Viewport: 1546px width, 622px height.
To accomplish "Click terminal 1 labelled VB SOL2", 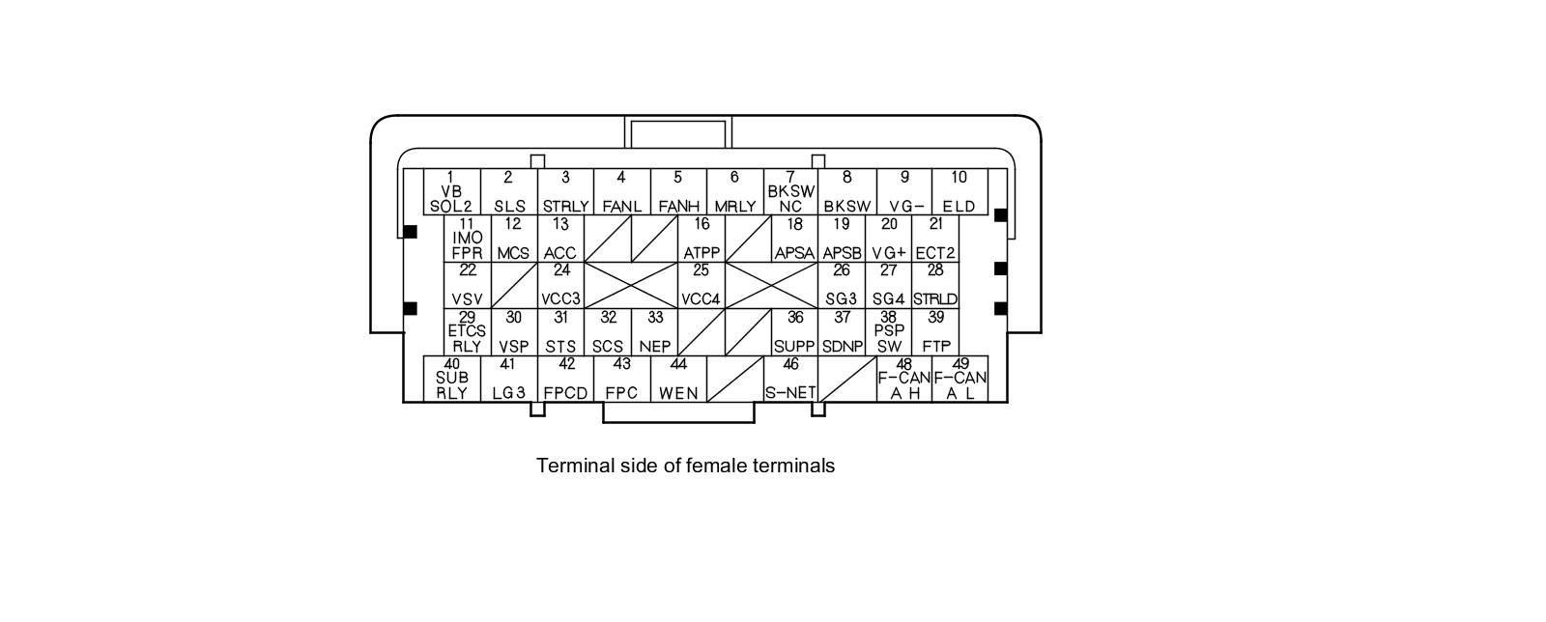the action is [x=451, y=192].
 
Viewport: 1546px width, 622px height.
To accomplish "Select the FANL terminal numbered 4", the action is [x=621, y=192].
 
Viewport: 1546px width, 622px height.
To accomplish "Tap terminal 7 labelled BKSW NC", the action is [x=791, y=192].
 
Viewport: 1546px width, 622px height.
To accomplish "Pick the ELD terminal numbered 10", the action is [x=959, y=192].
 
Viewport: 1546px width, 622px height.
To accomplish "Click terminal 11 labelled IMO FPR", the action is [x=468, y=239].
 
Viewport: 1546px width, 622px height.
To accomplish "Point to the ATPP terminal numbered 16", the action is [x=701, y=239].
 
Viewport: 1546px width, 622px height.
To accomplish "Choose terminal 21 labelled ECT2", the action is [x=935, y=239].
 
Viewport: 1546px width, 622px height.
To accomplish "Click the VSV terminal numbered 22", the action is [x=468, y=285].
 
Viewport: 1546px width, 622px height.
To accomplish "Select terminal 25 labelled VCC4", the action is [x=701, y=285].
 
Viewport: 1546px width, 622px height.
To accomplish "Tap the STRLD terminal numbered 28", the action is [x=935, y=285].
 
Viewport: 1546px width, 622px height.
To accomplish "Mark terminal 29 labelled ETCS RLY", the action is [x=468, y=332].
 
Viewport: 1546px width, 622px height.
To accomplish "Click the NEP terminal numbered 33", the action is [x=655, y=332].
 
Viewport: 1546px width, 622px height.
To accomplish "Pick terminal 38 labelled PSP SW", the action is [x=889, y=332].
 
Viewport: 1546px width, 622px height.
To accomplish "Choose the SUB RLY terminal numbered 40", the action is [x=452, y=379].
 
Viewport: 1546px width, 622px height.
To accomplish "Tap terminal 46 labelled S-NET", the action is [x=791, y=379].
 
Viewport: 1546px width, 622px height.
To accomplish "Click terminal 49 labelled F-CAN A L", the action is [x=960, y=379].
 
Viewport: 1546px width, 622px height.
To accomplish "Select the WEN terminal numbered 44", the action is [x=678, y=379].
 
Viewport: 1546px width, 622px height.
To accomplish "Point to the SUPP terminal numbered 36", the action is [x=795, y=332].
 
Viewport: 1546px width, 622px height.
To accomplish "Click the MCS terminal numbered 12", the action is [x=514, y=239].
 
